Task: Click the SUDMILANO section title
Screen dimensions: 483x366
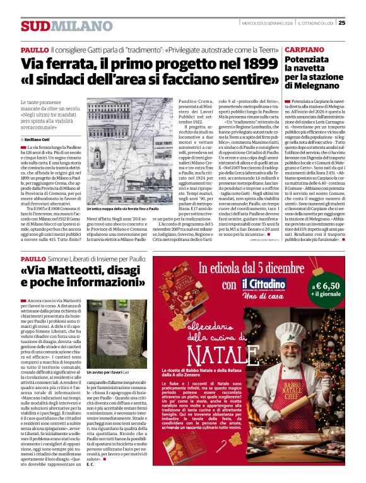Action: tap(56, 25)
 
